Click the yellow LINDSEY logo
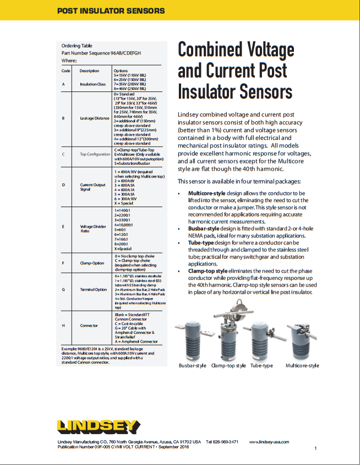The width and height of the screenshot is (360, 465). tap(99, 426)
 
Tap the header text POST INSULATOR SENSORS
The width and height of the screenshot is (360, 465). tap(111, 10)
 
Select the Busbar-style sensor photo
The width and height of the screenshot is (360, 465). tap(192, 340)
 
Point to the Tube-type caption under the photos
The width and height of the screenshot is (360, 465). tap(261, 365)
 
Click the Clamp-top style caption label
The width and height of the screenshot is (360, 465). tap(228, 365)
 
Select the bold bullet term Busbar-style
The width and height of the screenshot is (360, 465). tap(207, 228)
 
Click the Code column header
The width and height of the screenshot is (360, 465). tap(66, 71)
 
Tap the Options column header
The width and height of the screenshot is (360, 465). tap(121, 71)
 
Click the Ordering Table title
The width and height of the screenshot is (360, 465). tap(77, 46)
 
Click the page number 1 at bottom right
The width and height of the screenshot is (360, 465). tap(315, 449)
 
